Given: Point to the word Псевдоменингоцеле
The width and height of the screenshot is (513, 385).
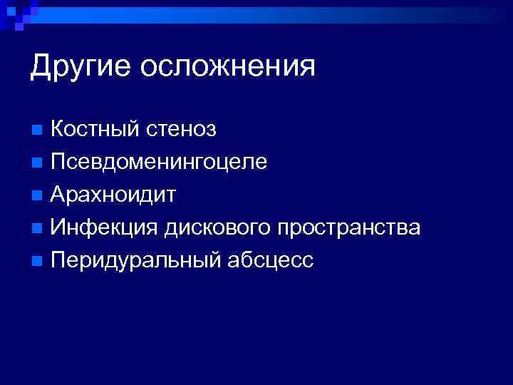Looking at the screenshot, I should click(159, 162).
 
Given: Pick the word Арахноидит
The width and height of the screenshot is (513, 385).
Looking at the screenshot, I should click(113, 195).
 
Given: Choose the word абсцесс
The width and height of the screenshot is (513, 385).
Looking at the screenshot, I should click(270, 260).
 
